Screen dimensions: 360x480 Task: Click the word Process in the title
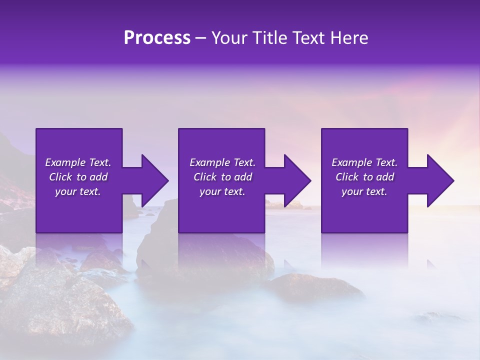[157, 38]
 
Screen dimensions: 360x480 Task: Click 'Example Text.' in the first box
[78, 162]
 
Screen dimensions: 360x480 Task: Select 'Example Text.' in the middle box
[222, 162]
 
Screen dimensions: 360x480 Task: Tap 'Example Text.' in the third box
[364, 162]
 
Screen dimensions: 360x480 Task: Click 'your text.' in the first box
[78, 191]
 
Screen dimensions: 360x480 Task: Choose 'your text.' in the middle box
[222, 191]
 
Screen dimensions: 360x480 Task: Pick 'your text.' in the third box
[364, 191]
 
